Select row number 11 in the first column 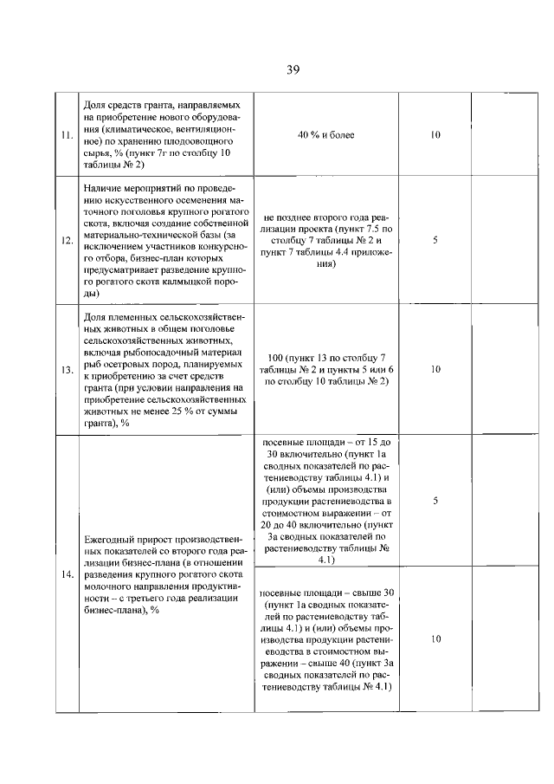pos(67,135)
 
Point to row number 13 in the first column pos(67,370)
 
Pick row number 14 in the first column pos(67,574)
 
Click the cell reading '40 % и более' pos(326,135)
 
